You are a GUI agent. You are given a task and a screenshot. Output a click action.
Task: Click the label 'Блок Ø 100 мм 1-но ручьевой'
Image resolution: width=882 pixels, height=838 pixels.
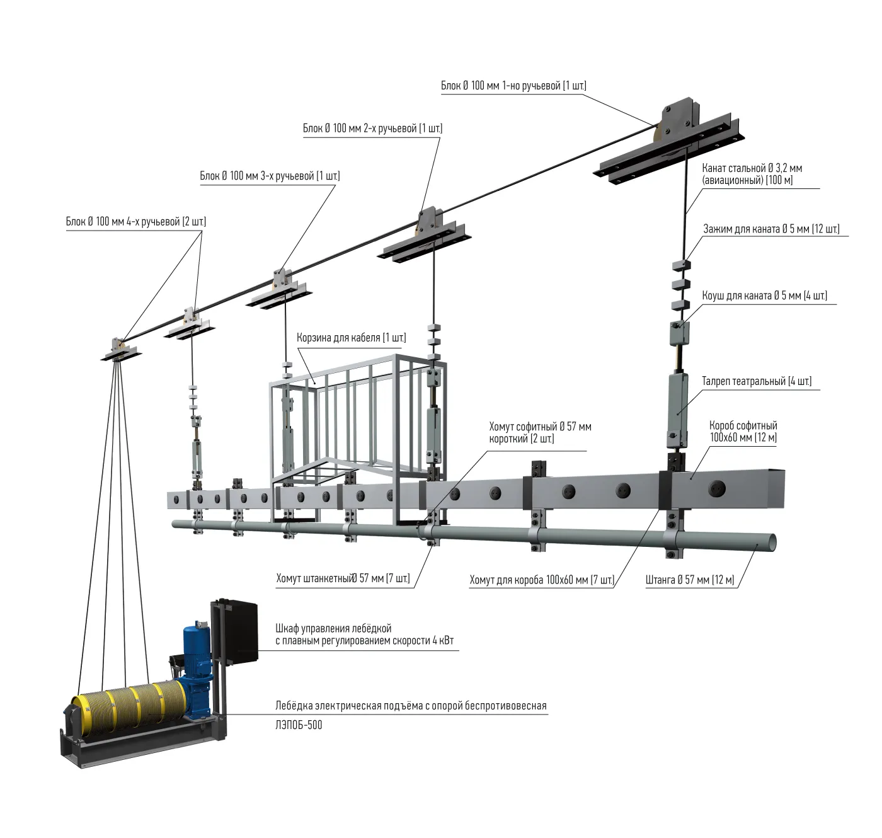(513, 86)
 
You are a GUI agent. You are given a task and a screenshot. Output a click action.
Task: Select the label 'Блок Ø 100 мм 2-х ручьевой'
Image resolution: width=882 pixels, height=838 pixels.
(372, 129)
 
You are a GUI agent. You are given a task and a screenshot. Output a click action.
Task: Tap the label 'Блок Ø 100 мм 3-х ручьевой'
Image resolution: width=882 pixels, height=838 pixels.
(270, 176)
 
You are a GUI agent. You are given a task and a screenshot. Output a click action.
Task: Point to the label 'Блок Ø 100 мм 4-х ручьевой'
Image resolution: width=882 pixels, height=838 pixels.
(135, 222)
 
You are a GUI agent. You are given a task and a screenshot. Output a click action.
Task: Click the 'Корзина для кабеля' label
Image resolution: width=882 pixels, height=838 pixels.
(351, 338)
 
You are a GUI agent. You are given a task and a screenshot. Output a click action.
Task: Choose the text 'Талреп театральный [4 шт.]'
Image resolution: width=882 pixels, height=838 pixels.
(757, 381)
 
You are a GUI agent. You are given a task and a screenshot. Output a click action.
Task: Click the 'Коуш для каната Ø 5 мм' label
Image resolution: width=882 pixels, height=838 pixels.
(764, 296)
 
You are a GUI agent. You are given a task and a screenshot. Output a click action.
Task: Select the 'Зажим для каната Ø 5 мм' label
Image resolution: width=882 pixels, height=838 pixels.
(771, 229)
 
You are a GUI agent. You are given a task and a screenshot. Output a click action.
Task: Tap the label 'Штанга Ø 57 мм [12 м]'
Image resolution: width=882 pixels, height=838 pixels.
(690, 580)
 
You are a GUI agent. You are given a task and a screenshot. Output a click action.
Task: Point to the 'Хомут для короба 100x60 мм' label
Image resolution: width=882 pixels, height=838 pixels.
(541, 580)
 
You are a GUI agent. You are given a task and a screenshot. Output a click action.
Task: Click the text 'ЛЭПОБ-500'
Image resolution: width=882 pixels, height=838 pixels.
(299, 725)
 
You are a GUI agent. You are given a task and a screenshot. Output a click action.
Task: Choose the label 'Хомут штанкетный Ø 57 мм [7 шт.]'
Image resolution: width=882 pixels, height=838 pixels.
(343, 578)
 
